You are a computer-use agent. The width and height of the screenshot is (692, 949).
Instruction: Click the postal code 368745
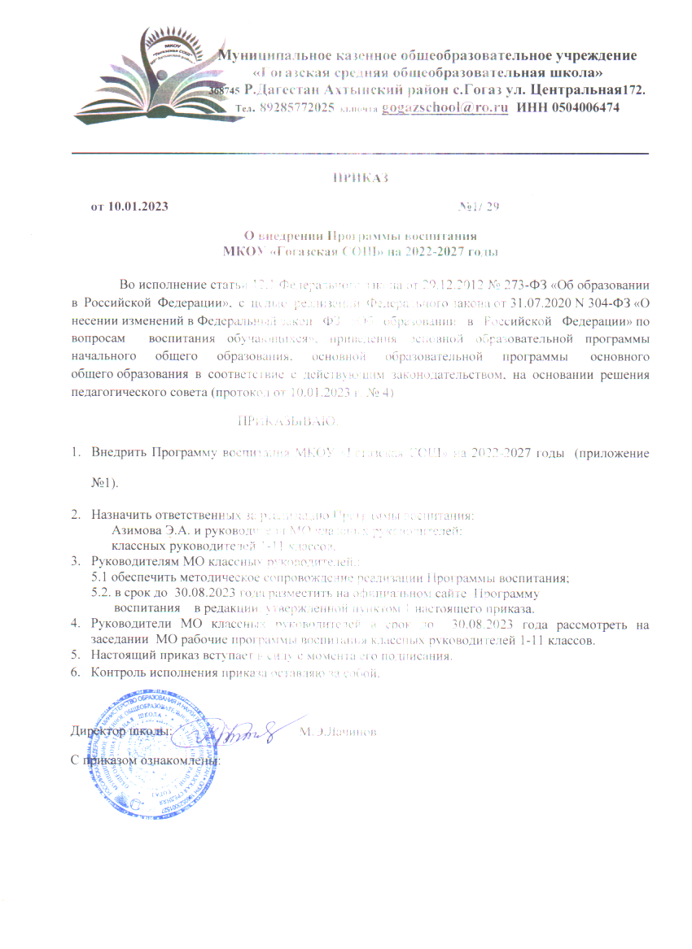[x=223, y=91]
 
